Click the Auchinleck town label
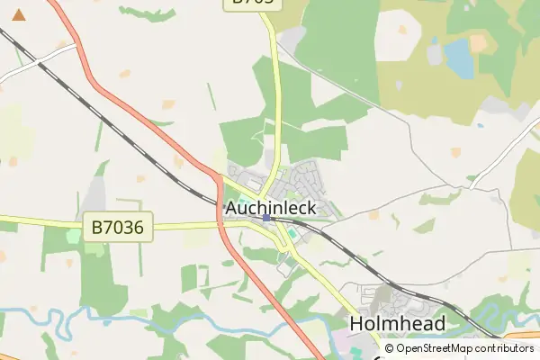(270, 208)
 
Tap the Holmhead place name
(397, 324)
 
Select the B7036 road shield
(117, 227)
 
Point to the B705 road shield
(253, 3)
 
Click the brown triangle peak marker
(19, 14)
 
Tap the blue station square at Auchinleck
(266, 218)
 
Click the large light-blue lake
(459, 57)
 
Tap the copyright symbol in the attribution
(389, 348)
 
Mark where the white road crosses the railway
(42, 61)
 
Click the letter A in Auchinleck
(231, 208)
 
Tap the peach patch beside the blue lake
(478, 42)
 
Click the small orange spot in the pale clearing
(401, 30)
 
